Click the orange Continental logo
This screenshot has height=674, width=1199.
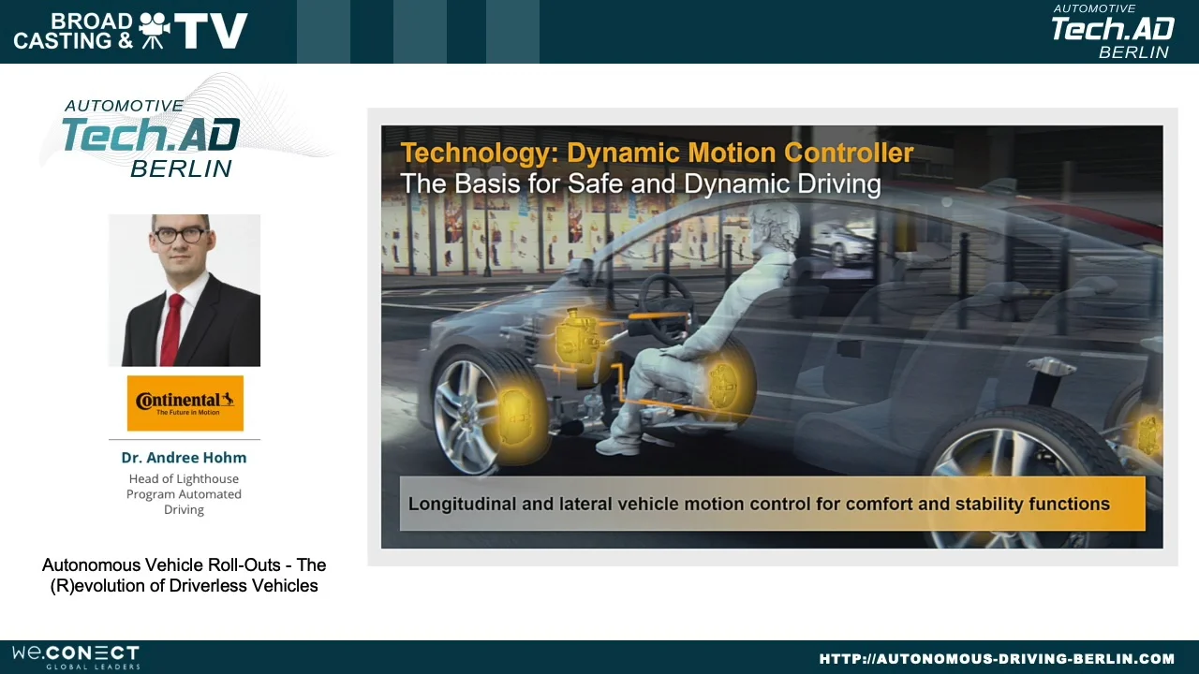point(185,403)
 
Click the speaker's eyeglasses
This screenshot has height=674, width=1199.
point(181,235)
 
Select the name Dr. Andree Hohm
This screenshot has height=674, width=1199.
point(184,458)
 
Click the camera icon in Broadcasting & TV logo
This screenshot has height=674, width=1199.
point(154,31)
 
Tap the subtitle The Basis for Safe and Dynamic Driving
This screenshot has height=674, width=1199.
point(640,183)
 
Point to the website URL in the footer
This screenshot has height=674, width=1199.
point(997,659)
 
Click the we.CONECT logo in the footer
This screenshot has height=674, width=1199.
point(76,656)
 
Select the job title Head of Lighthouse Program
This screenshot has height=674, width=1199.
point(184,494)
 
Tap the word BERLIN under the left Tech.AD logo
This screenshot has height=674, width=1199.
point(181,168)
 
